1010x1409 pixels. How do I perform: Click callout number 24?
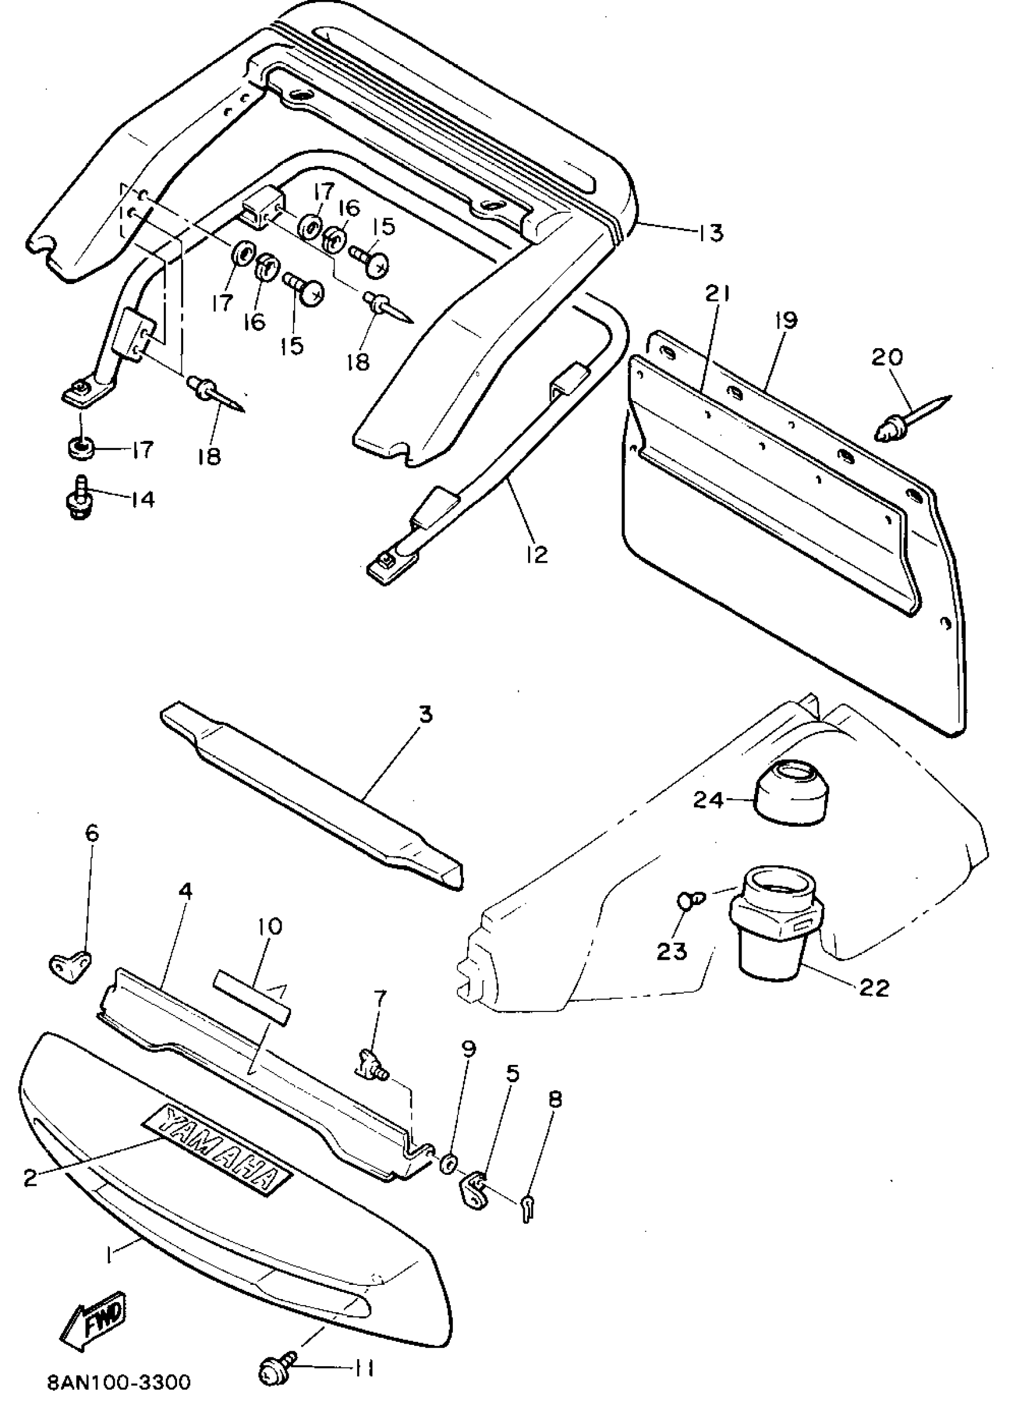point(708,800)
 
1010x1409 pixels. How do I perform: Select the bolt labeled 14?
point(78,500)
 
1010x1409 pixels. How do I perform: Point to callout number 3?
point(425,714)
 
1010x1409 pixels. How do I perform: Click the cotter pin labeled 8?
point(528,1208)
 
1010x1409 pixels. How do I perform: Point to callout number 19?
point(785,321)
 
